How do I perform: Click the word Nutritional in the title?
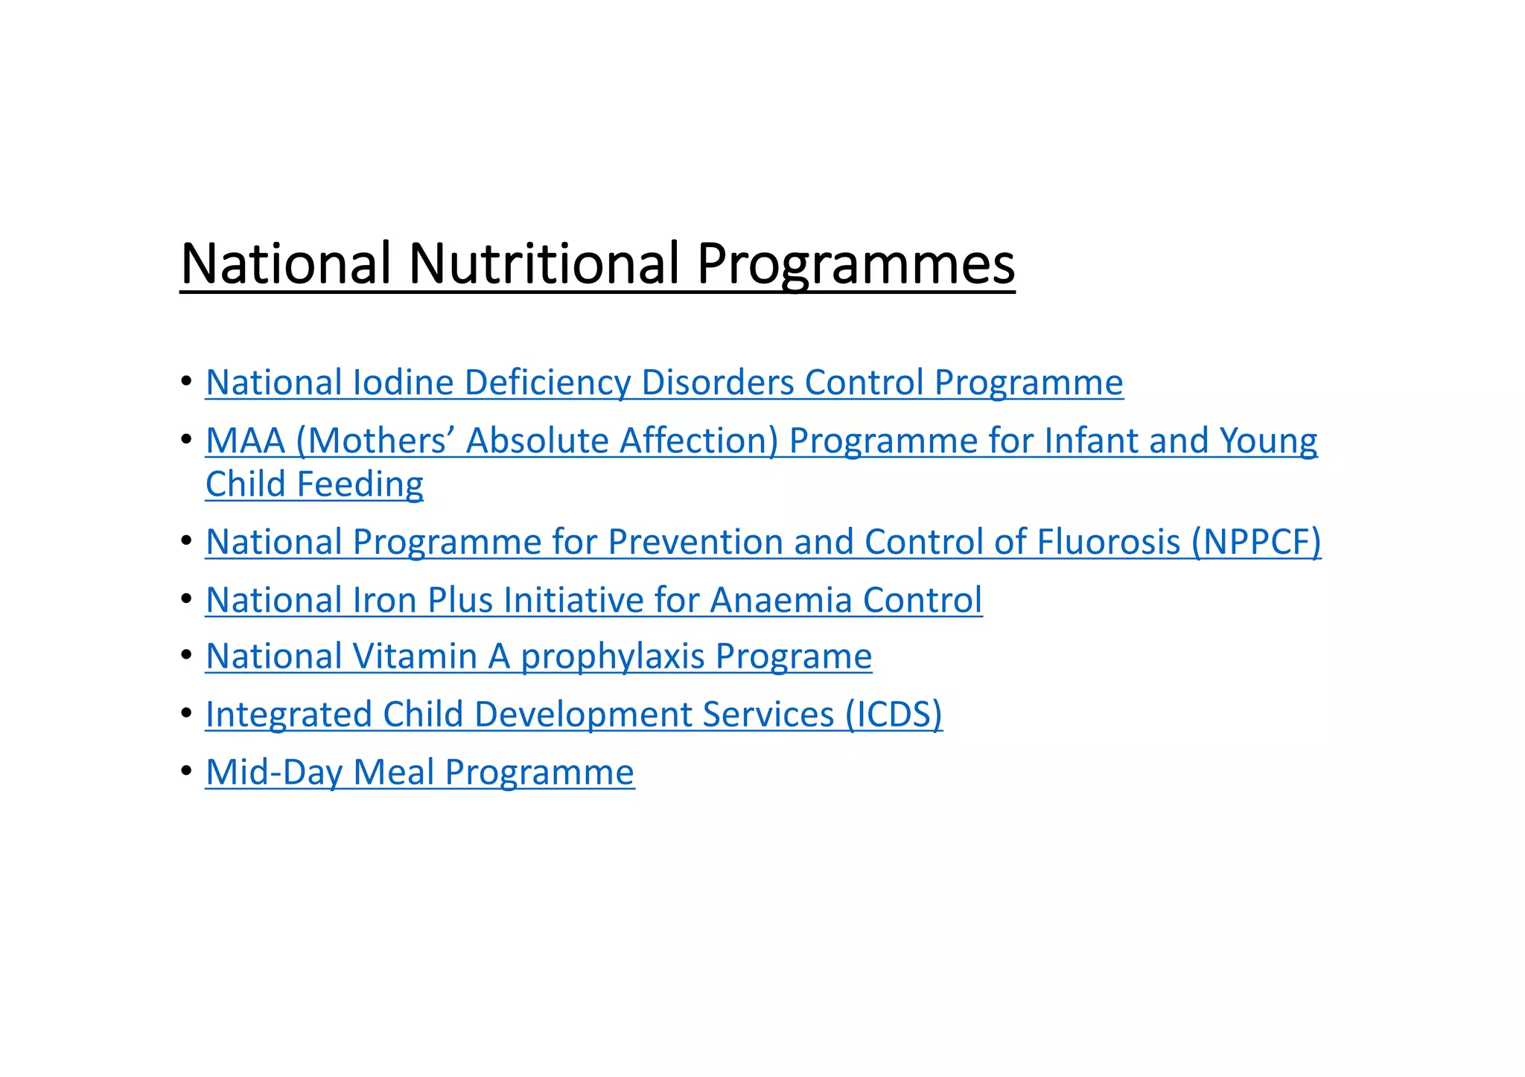tap(543, 264)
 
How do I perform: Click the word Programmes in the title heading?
tap(856, 266)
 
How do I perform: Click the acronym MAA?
tap(246, 441)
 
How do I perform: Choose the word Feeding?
tap(360, 485)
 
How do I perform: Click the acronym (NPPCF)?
tap(1256, 542)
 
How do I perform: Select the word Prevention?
tap(695, 542)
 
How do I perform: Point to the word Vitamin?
tap(415, 656)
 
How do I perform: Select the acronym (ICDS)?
tap(894, 715)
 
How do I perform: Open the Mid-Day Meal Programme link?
tap(420, 773)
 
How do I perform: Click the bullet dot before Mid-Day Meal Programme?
tap(186, 771)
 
